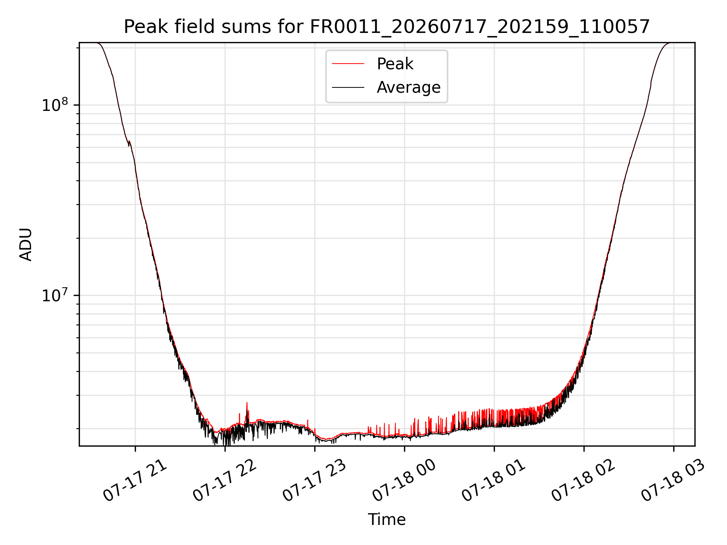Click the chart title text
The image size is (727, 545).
point(387,27)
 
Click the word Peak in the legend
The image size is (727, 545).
point(395,64)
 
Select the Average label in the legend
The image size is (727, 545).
point(409,87)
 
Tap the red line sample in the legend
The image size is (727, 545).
point(348,64)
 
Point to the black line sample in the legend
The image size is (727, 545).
point(348,87)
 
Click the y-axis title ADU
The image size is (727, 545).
point(26,244)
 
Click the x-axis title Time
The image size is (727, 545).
point(387,520)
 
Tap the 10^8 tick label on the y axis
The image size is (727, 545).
point(55,104)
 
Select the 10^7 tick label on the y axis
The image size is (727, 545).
point(55,295)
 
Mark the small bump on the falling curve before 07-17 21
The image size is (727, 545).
point(129,142)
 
